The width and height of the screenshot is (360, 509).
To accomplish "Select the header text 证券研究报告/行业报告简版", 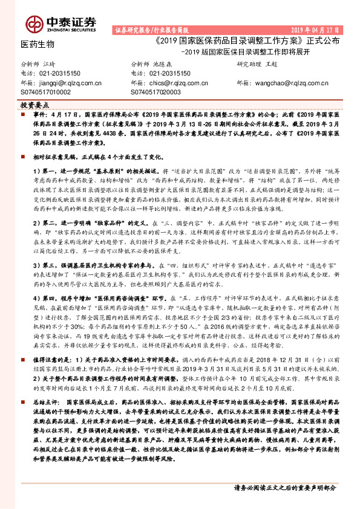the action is [x=151, y=30].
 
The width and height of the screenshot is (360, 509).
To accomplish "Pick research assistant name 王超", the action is [x=271, y=63].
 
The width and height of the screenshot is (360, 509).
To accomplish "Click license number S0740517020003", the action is [x=155, y=92].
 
